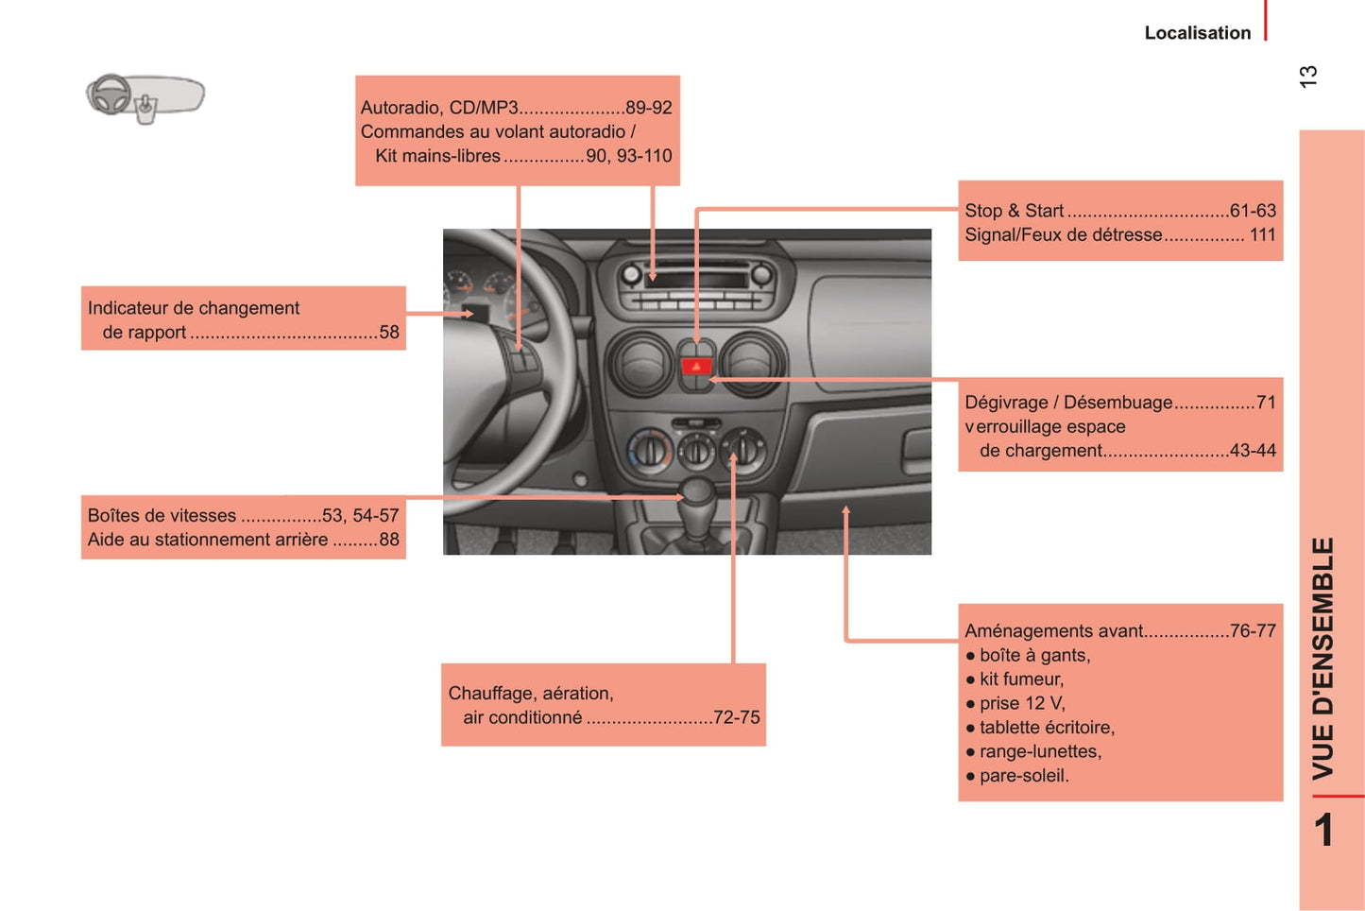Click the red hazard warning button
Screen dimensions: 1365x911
point(696,366)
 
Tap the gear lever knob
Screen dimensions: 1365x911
point(698,491)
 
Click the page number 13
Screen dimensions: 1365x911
point(1308,77)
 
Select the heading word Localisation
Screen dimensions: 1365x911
point(1198,32)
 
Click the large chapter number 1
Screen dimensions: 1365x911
point(1323,830)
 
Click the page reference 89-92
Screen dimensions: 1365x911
point(648,108)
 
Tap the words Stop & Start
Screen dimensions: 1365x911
point(1014,211)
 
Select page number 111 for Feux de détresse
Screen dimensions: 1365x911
point(1263,234)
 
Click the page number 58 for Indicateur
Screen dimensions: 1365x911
point(389,332)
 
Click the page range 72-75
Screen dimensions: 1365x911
point(737,717)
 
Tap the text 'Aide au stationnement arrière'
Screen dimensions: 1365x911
point(208,539)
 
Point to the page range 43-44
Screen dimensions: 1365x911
point(1253,450)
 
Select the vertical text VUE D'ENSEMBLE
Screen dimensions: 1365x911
point(1322,659)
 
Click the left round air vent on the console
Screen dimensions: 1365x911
point(641,364)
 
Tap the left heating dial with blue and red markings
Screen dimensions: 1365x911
point(649,451)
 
